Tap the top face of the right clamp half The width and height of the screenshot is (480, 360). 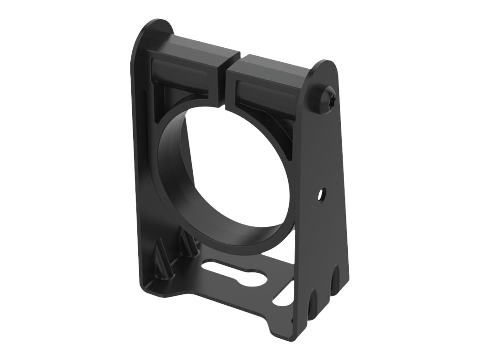tap(270, 66)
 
